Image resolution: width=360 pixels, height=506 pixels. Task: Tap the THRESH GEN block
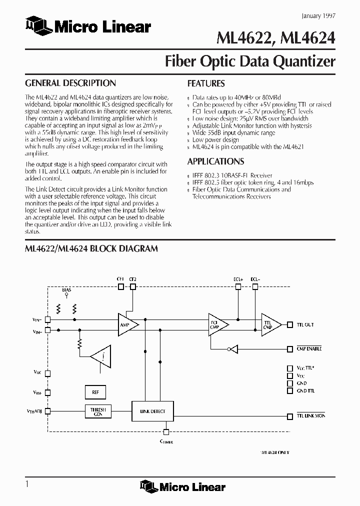pyautogui.click(x=99, y=411)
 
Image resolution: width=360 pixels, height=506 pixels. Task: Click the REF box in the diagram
pyautogui.click(x=95, y=392)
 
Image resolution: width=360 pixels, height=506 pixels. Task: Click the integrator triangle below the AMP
pyautogui.click(x=101, y=356)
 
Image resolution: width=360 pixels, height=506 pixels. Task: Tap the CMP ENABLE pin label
pyautogui.click(x=309, y=349)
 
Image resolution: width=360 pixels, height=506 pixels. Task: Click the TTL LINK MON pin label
pyautogui.click(x=310, y=416)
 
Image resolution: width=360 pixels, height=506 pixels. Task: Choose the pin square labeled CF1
pyautogui.click(x=120, y=287)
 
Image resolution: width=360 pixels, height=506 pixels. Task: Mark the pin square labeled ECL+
pyautogui.click(x=238, y=287)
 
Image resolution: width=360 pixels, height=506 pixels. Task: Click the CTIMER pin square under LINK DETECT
pyautogui.click(x=166, y=432)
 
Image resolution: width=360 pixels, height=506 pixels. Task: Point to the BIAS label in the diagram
pyautogui.click(x=66, y=290)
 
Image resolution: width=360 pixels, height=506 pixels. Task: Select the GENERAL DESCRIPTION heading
pyautogui.click(x=70, y=83)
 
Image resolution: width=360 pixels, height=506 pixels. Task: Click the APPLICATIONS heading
pyautogui.click(x=215, y=161)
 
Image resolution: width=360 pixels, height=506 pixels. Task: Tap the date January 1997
pyautogui.click(x=318, y=16)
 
